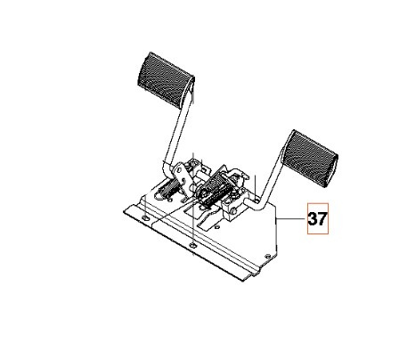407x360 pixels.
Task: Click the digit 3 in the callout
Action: tap(313, 218)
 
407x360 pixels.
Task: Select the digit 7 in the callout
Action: tap(323, 218)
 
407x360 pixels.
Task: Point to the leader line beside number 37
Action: tap(293, 218)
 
